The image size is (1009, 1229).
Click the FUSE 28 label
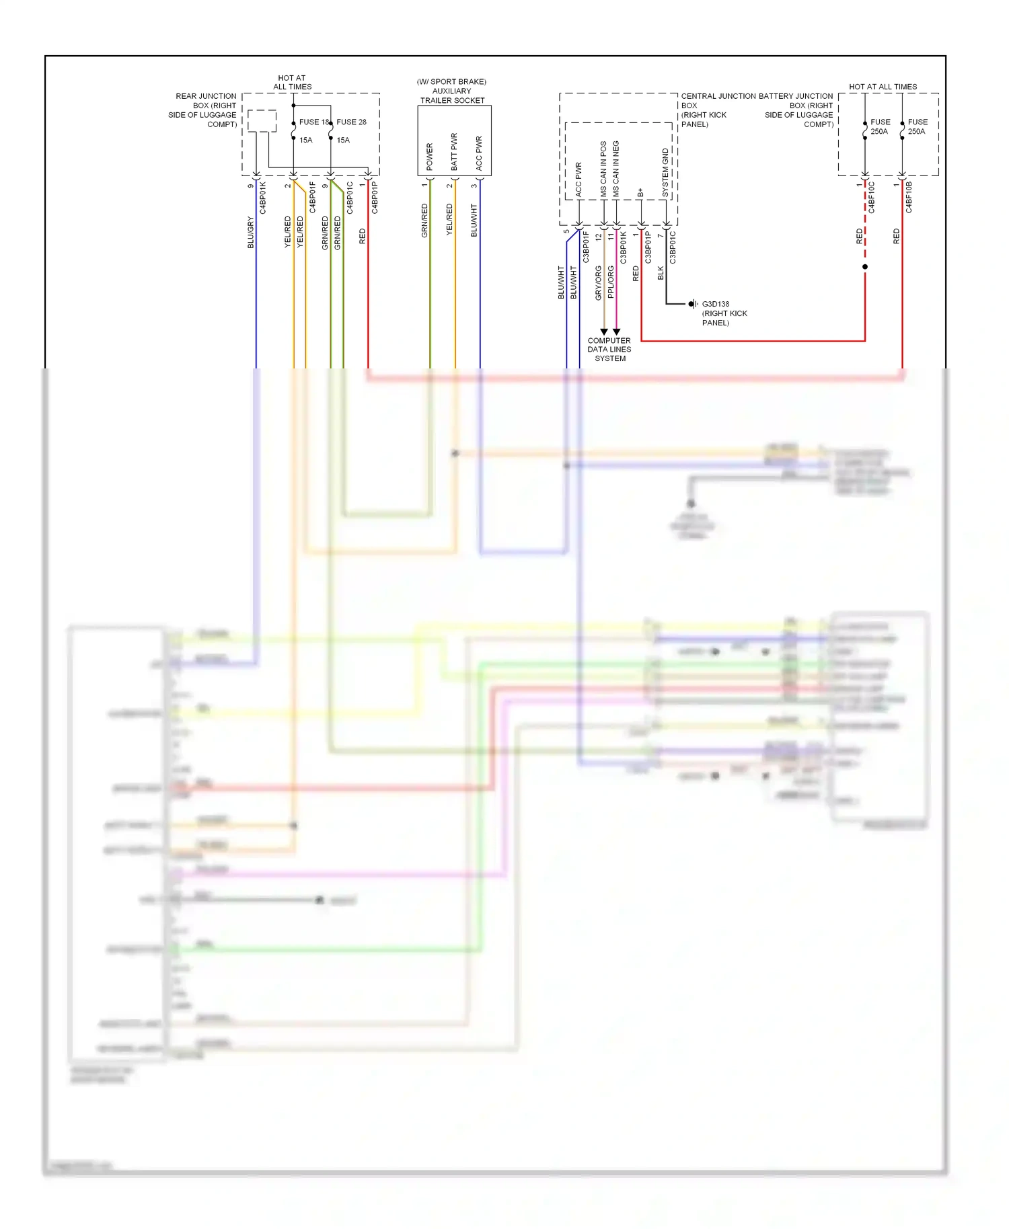pyautogui.click(x=351, y=122)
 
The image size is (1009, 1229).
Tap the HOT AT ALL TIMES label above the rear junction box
pyautogui.click(x=292, y=82)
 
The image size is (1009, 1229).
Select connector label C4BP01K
pyautogui.click(x=263, y=198)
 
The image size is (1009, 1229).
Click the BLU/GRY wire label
pyautogui.click(x=251, y=233)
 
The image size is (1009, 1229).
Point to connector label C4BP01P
pyautogui.click(x=375, y=198)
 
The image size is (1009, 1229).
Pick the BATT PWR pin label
pyautogui.click(x=454, y=151)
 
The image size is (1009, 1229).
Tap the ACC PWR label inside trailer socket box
pyautogui.click(x=479, y=153)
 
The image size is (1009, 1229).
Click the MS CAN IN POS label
pyautogui.click(x=603, y=168)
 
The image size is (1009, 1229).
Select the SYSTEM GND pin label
pyautogui.click(x=665, y=172)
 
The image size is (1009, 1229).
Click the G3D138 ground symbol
pyautogui.click(x=692, y=304)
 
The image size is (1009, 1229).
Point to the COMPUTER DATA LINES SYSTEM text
pyautogui.click(x=609, y=349)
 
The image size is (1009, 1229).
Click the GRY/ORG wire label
pyautogui.click(x=598, y=282)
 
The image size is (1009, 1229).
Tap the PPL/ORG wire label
pyautogui.click(x=611, y=282)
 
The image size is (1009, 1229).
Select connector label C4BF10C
pyautogui.click(x=871, y=198)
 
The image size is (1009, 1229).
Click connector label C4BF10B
pyautogui.click(x=909, y=198)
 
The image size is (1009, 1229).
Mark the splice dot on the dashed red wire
pyautogui.click(x=865, y=267)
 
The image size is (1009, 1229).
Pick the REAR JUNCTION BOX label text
pyautogui.click(x=203, y=110)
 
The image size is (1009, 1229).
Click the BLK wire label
pyautogui.click(x=661, y=273)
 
